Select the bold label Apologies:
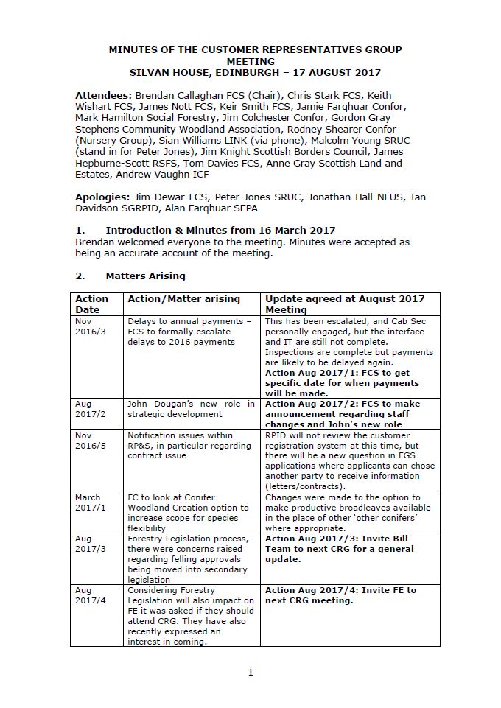pyautogui.click(x=102, y=197)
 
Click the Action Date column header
pyautogui.click(x=91, y=304)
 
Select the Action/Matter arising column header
pyautogui.click(x=183, y=298)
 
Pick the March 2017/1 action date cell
pyautogui.click(x=90, y=502)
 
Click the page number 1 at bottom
pyautogui.click(x=251, y=672)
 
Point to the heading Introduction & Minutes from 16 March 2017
pyautogui.click(x=220, y=231)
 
